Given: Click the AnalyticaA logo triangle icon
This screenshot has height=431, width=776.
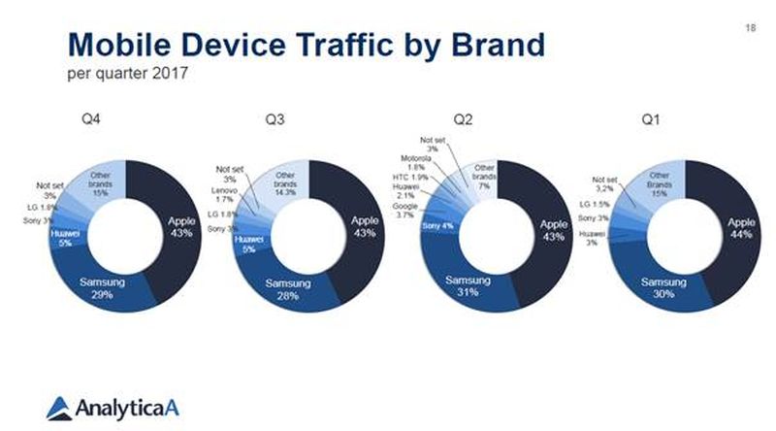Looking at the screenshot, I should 59,405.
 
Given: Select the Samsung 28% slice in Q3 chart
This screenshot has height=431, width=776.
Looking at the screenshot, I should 287,288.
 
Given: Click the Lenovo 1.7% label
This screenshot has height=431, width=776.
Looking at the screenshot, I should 224,196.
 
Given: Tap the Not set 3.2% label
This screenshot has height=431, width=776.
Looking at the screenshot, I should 604,183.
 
